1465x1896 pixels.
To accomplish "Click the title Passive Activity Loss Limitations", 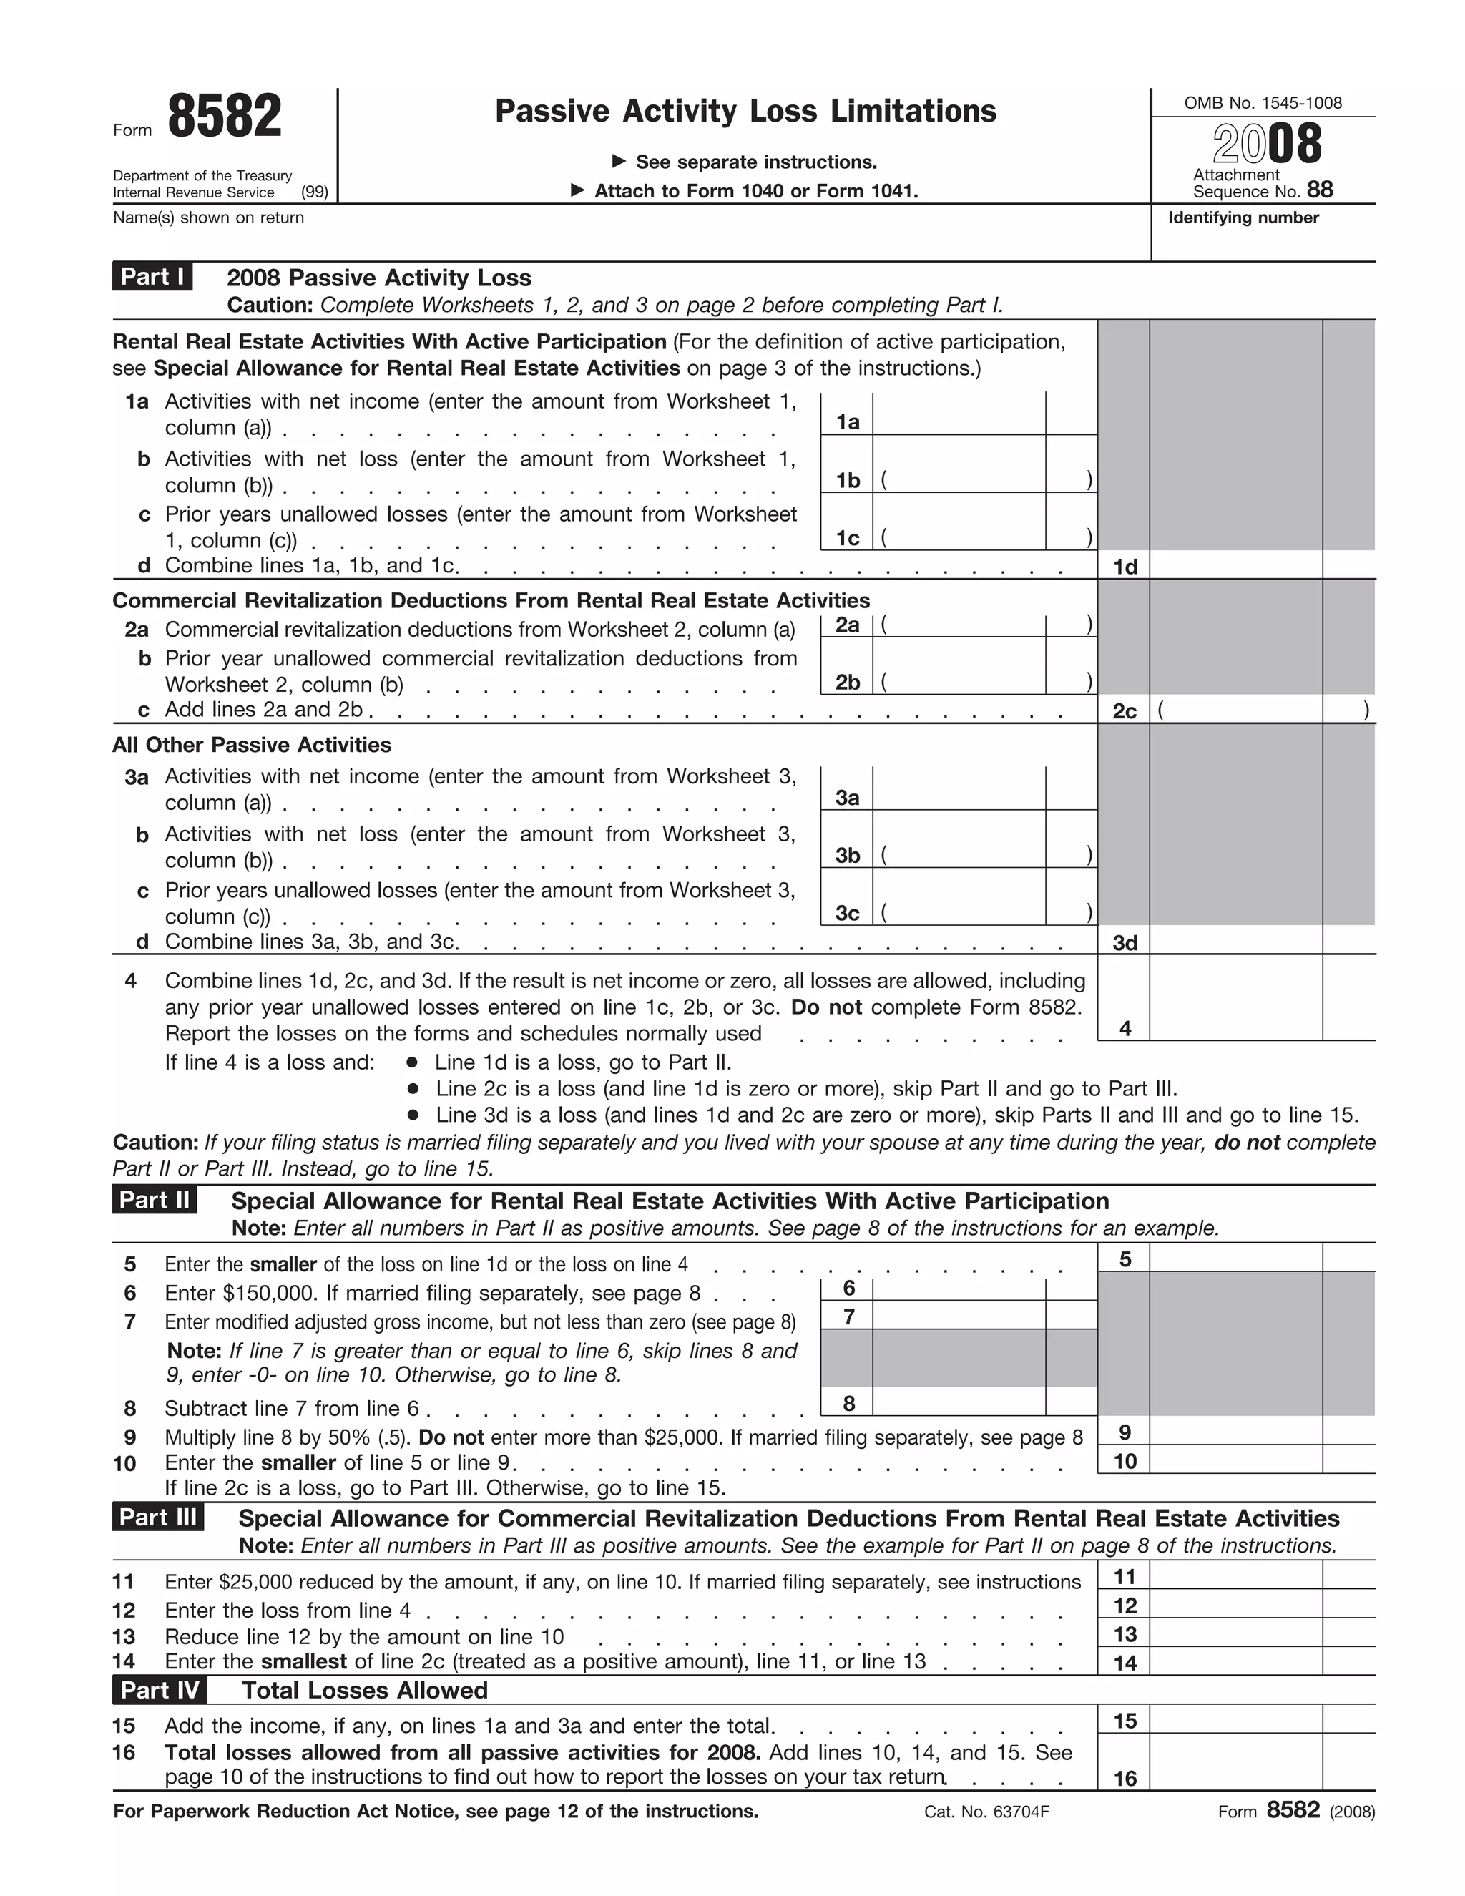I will pos(745,111).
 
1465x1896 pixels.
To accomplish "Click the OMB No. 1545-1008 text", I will pos(1262,103).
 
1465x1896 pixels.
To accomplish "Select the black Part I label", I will pos(152,276).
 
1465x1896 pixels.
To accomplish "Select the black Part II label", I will pos(155,1200).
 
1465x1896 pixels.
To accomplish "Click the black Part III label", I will pos(157,1517).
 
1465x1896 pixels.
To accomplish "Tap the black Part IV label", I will pos(159,1689).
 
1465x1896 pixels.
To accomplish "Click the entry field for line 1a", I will pos(958,414).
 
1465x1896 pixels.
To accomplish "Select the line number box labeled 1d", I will pos(1124,567).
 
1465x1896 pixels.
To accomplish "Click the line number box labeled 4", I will pos(1124,1028).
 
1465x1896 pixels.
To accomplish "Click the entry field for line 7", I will pos(958,1316).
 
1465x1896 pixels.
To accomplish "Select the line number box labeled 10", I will pos(1124,1461).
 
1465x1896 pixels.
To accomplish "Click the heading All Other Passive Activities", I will pos(252,745).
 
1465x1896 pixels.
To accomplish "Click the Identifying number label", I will pos(1242,218).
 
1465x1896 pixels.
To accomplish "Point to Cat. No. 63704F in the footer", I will pos(986,1812).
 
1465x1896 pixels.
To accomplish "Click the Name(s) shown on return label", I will pos(208,218).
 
